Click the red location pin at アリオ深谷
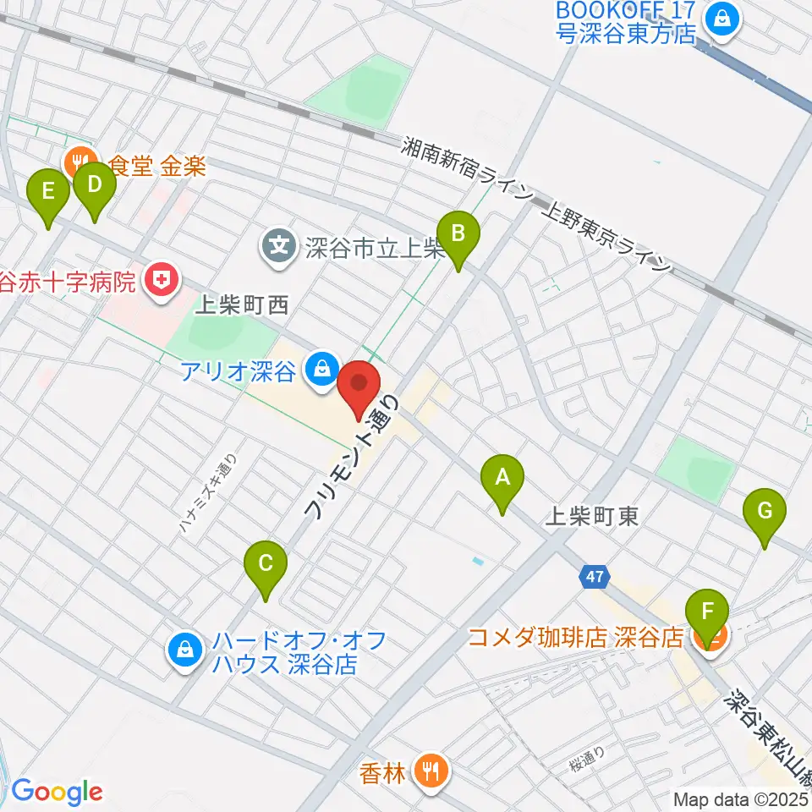(x=359, y=387)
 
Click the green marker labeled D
(x=95, y=190)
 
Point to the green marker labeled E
(x=49, y=197)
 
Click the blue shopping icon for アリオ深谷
(x=321, y=369)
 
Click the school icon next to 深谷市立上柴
(x=277, y=246)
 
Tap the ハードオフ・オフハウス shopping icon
(x=184, y=650)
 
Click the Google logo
(x=56, y=792)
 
